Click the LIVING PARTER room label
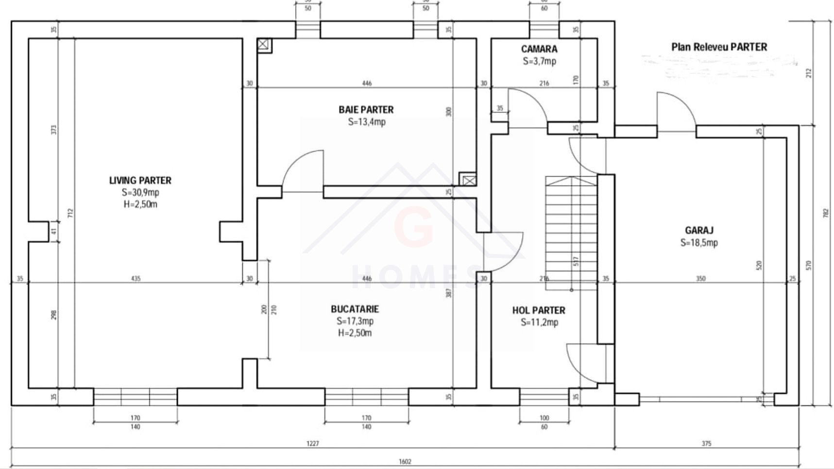click(140, 181)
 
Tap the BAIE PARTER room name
click(366, 110)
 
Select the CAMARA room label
click(539, 49)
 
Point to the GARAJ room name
click(699, 231)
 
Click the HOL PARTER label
click(539, 310)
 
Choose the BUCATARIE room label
click(355, 309)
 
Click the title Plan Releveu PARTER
click(719, 47)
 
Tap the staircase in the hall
click(571, 233)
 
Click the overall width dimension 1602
click(405, 462)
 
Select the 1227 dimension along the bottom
click(313, 443)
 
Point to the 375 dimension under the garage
click(706, 443)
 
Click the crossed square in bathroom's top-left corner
click(263, 45)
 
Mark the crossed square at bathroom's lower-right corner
click(468, 180)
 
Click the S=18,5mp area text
click(699, 243)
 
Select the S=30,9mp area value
click(140, 192)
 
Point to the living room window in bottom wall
click(135, 397)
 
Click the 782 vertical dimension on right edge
click(825, 214)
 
